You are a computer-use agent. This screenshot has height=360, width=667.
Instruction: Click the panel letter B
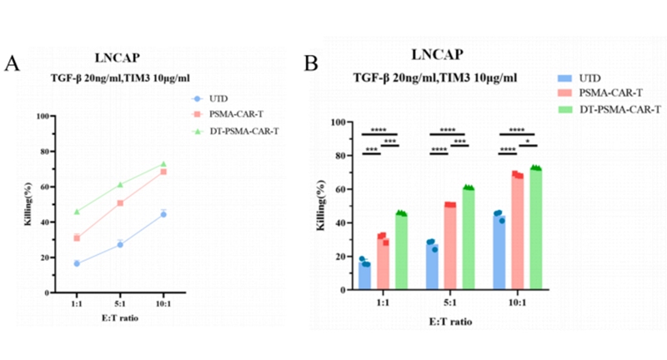point(311,63)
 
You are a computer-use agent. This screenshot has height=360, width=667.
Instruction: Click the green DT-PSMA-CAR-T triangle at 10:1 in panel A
point(163,164)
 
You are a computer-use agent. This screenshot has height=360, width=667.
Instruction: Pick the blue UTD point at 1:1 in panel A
point(77,263)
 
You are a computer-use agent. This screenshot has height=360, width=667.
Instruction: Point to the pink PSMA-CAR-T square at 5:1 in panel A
point(120,202)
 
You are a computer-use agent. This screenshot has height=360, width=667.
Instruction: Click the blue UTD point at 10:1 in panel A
point(163,214)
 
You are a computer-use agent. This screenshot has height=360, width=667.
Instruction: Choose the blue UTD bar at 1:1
point(365,276)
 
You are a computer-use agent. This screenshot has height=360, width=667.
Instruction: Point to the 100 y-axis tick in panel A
point(39,116)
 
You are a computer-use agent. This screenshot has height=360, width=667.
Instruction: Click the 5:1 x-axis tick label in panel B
point(450,303)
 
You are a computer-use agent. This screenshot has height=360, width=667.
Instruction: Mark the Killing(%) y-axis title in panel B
point(320,206)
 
